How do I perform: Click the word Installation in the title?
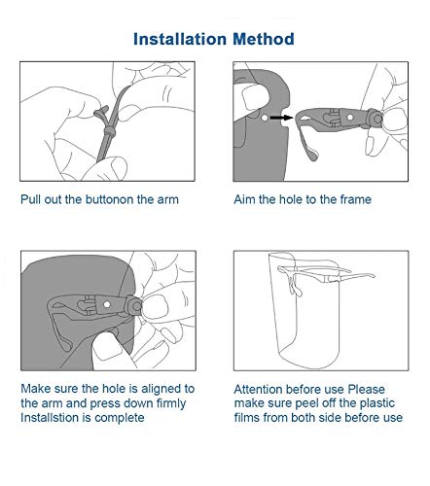[180, 39]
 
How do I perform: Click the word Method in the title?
[264, 39]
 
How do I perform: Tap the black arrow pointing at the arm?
[281, 118]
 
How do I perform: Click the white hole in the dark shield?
[265, 118]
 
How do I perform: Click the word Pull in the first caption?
[30, 199]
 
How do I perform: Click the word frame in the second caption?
[356, 199]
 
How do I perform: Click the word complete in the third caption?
[120, 418]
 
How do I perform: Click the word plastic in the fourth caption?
[377, 403]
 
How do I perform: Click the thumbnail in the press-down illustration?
[154, 306]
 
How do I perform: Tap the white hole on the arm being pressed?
[107, 304]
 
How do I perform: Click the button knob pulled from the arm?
[101, 112]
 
